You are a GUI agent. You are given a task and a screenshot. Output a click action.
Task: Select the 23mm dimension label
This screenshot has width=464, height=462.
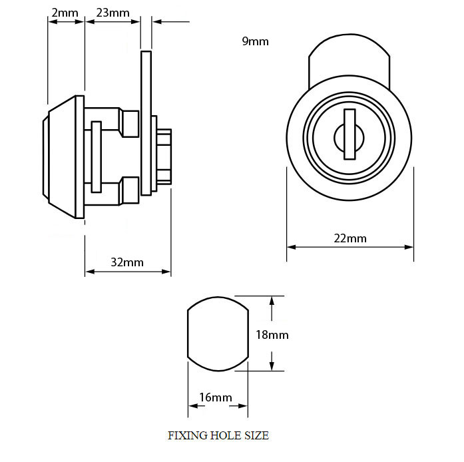[x=113, y=13]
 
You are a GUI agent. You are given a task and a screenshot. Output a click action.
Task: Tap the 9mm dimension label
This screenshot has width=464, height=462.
[x=255, y=41]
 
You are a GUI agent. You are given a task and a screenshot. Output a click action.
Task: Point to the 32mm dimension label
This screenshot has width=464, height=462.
[x=127, y=262]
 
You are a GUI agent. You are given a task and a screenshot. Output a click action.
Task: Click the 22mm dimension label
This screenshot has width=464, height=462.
[x=350, y=238]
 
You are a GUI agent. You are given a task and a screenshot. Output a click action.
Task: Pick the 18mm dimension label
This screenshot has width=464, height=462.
[x=272, y=335]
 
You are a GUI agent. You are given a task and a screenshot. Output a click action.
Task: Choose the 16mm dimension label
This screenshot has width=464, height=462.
[x=216, y=397]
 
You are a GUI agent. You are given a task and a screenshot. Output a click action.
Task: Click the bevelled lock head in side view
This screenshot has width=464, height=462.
[x=63, y=157]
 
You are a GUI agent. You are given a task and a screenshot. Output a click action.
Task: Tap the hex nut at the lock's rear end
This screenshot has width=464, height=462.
[x=164, y=157]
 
